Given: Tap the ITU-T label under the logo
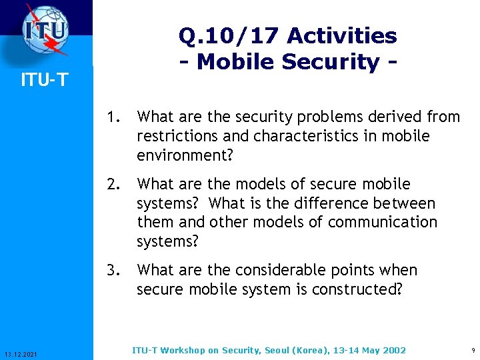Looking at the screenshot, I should pyautogui.click(x=44, y=81).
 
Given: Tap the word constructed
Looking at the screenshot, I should pyautogui.click(x=357, y=289).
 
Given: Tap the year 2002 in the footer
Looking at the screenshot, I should pyautogui.click(x=393, y=350).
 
